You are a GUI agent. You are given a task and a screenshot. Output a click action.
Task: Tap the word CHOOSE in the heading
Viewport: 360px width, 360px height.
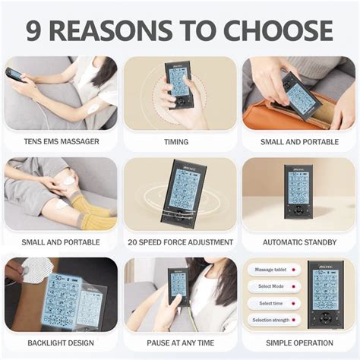[284, 30]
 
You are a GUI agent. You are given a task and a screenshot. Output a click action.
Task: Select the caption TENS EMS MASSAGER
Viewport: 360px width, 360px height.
[61, 141]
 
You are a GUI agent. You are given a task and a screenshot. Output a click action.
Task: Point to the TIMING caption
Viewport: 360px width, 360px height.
[176, 141]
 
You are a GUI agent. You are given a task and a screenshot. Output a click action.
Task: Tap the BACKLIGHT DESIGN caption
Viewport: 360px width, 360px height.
[61, 343]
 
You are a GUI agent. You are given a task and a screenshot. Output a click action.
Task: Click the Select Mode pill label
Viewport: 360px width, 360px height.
[271, 286]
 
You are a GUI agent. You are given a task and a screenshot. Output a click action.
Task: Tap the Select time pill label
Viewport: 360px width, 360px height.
[271, 303]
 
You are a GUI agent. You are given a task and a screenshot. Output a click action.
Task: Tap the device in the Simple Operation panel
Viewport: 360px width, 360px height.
[327, 292]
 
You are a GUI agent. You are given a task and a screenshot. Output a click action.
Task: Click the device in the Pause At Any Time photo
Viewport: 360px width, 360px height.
[178, 286]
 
